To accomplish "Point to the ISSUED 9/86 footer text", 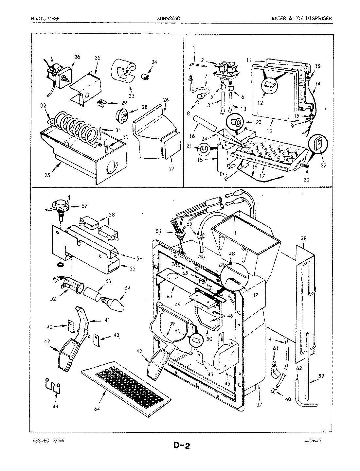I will point(47,441).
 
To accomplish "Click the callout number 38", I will point(303,239).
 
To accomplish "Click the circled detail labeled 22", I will point(318,143).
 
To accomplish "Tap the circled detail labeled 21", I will point(203,149).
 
